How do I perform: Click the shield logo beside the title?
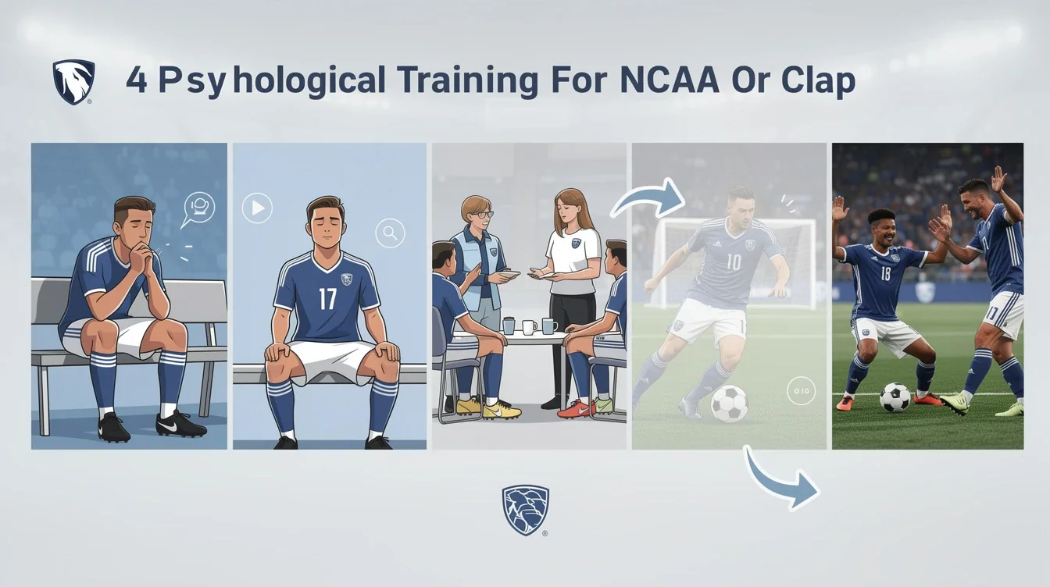pyautogui.click(x=73, y=82)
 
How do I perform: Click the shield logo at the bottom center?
pyautogui.click(x=525, y=509)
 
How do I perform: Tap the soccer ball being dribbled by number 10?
pyautogui.click(x=729, y=404)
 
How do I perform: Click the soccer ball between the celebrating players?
pyautogui.click(x=895, y=397)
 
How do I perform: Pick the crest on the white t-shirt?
pyautogui.click(x=576, y=244)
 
